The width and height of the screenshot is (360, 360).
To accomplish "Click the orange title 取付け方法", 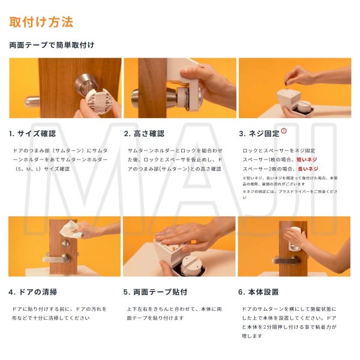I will tap(41, 23).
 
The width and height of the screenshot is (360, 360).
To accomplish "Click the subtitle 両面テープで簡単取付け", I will tap(52, 45).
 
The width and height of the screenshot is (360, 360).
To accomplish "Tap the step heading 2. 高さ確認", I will tap(144, 133).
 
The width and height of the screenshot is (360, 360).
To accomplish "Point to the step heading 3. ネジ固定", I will tap(259, 133).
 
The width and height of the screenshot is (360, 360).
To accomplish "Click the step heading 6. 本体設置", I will tap(259, 292).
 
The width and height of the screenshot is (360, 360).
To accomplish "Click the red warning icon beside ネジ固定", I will tap(284, 130).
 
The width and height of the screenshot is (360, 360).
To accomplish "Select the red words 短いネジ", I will tap(307, 160).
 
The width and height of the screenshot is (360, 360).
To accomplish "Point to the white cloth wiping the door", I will tap(70, 227).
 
